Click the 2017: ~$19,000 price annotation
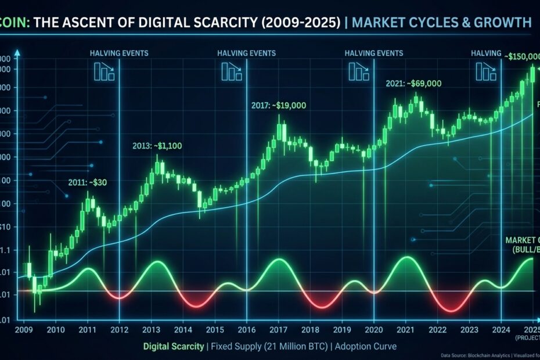click(x=279, y=106)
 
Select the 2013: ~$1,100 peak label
click(x=157, y=146)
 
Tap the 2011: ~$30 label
click(x=87, y=182)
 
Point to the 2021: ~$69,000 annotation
click(x=413, y=84)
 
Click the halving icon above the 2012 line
click(x=104, y=72)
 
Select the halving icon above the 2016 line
click(x=231, y=72)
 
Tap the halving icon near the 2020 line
click(x=359, y=72)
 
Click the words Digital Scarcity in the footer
click(x=172, y=347)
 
